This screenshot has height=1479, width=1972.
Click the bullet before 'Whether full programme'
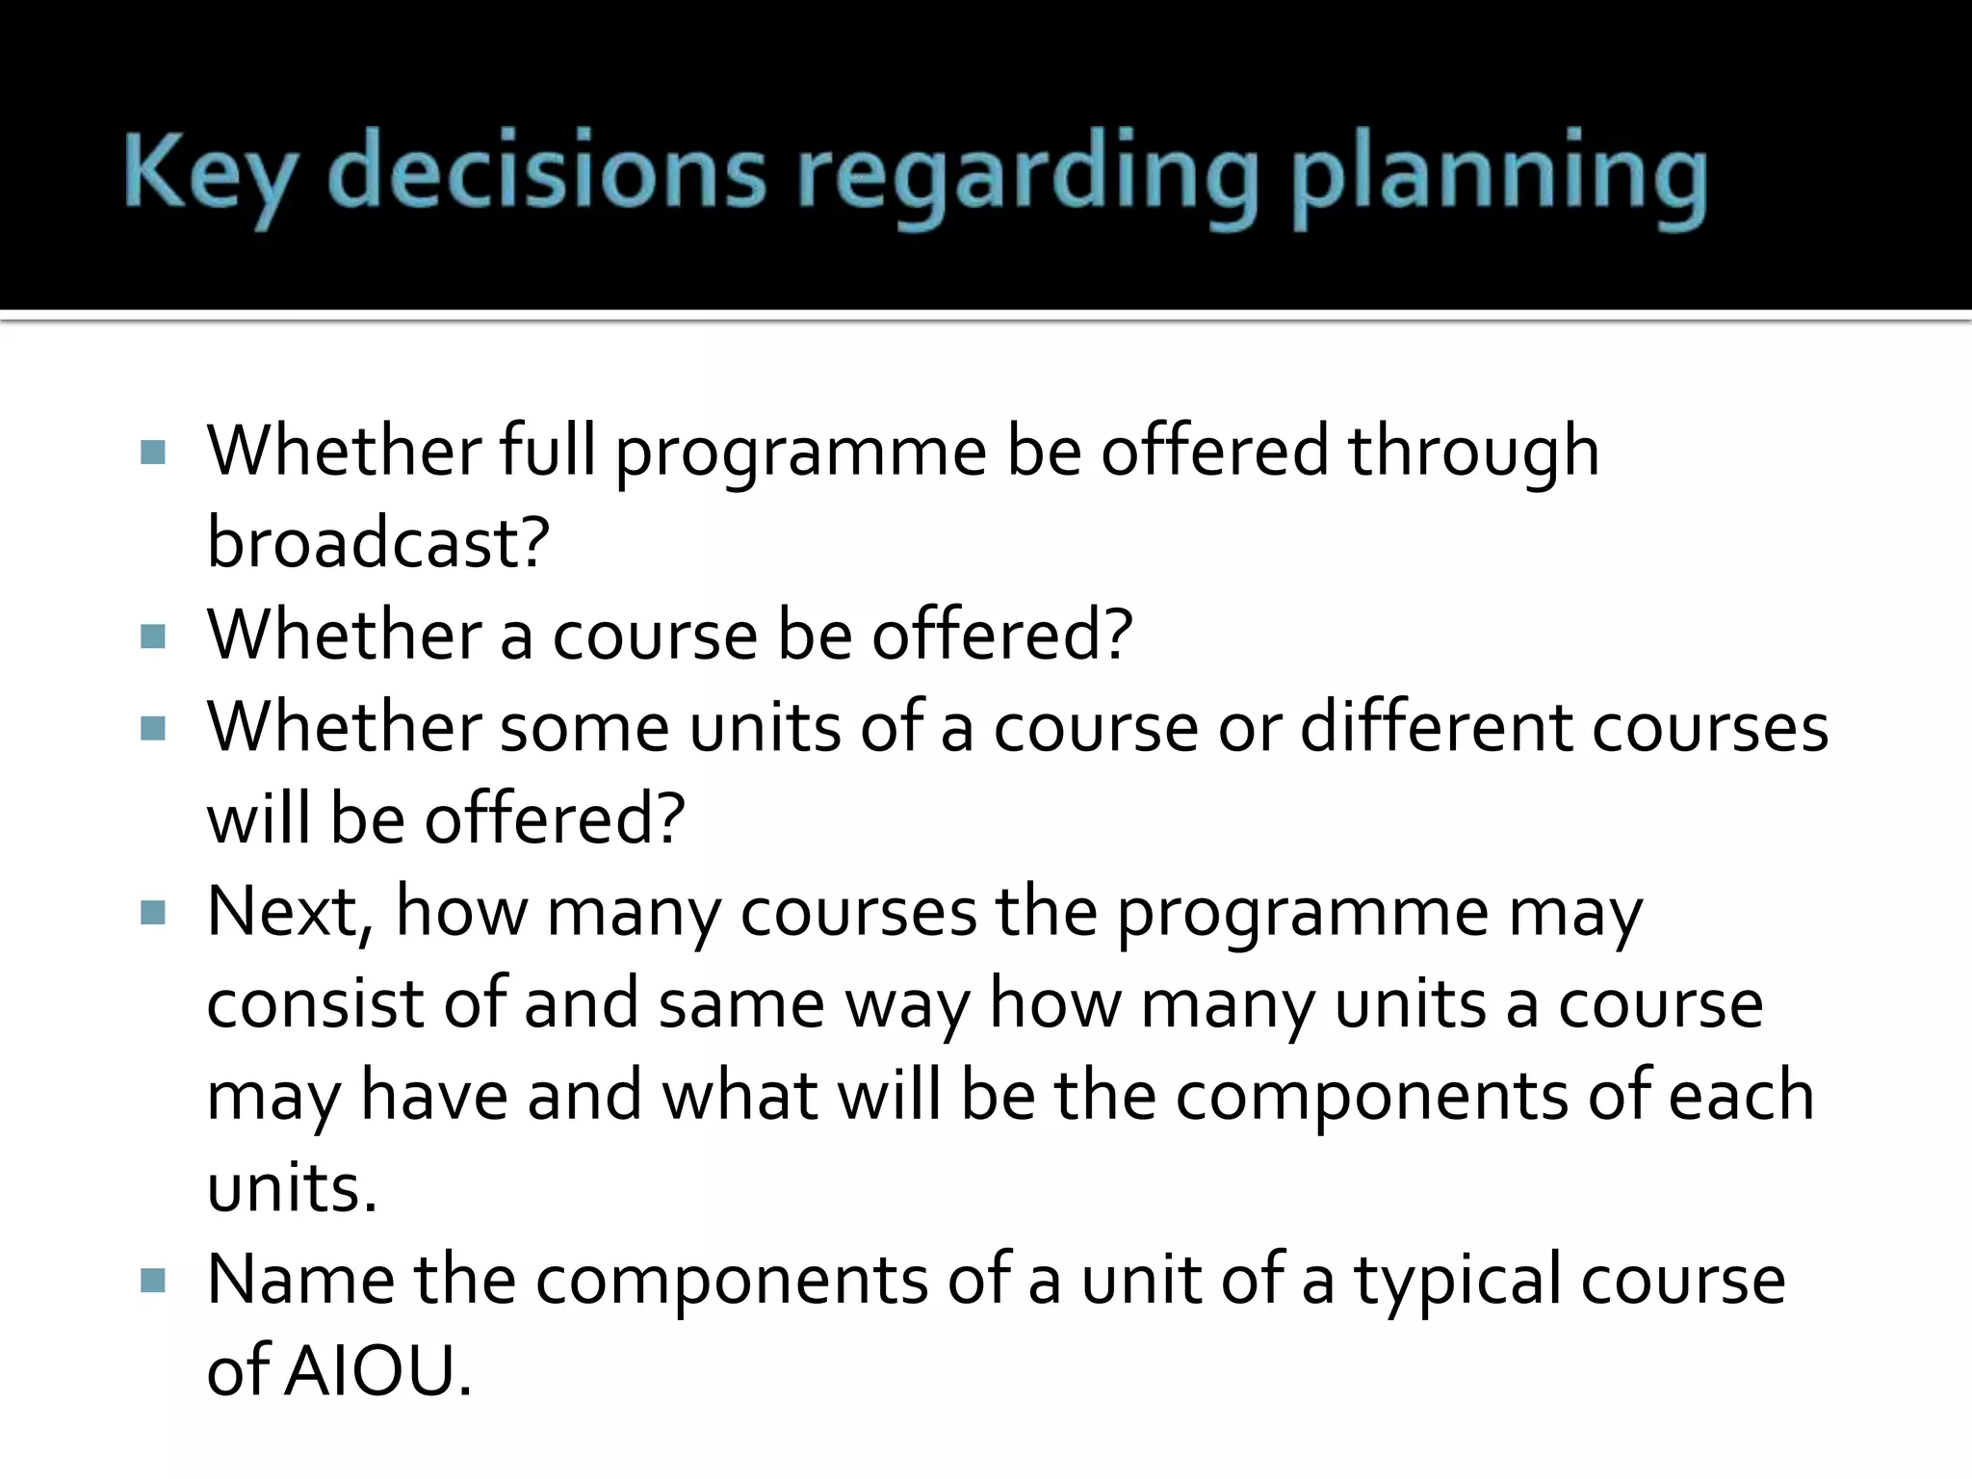[152, 453]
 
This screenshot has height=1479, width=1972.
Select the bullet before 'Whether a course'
[152, 636]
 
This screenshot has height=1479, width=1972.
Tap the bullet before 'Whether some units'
[152, 729]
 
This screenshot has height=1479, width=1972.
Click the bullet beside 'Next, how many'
[152, 913]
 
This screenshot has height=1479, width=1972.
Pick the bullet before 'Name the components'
[152, 1281]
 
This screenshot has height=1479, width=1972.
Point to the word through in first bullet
[1473, 453]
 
